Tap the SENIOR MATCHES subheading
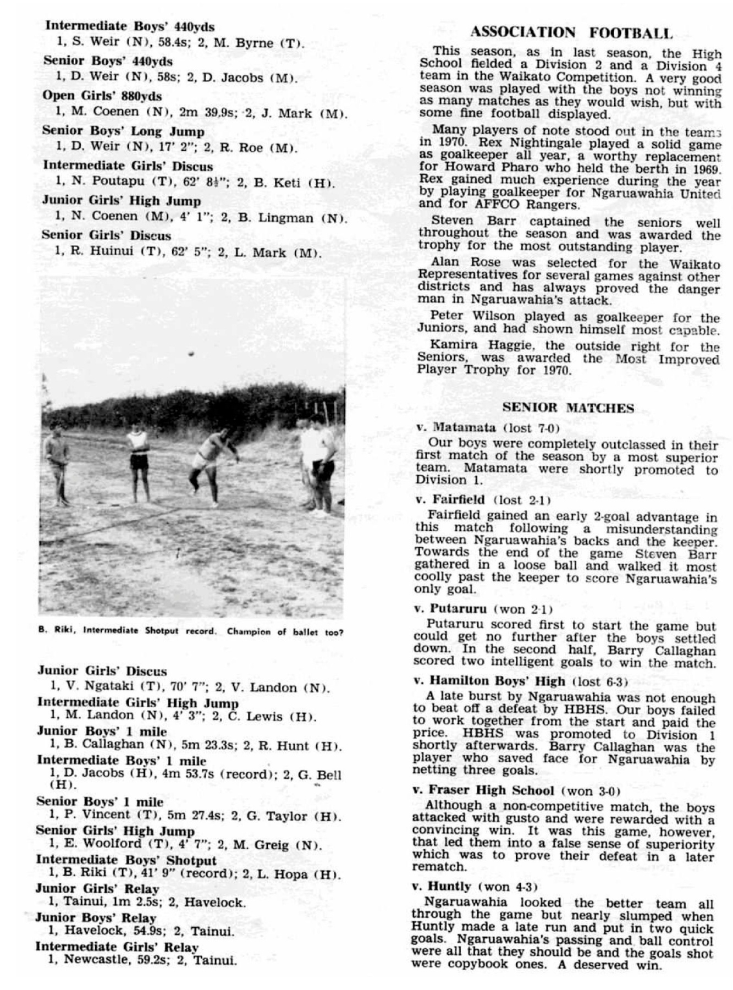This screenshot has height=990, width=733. pyautogui.click(x=568, y=408)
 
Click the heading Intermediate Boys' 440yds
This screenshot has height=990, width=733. pyautogui.click(x=129, y=26)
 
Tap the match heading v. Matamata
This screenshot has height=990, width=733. pyautogui.click(x=449, y=427)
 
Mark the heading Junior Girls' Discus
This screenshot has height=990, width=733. pyautogui.click(x=102, y=671)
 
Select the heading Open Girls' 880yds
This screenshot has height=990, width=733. pyautogui.click(x=102, y=96)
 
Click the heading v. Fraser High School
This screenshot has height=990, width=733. pyautogui.click(x=483, y=790)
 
